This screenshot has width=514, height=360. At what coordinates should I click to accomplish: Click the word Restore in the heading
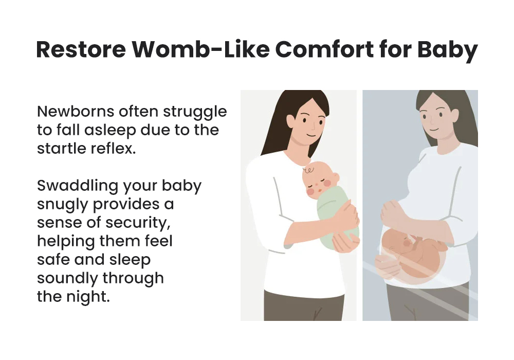coord(81,49)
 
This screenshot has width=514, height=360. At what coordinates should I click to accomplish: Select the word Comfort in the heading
coord(325,49)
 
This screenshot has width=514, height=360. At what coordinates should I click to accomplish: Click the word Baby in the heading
coord(448,51)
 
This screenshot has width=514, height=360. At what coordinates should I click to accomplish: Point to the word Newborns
coord(76,112)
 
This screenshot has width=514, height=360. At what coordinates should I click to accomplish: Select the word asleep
coord(110,131)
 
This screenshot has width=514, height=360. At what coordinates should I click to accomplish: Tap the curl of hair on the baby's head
coord(308,170)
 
